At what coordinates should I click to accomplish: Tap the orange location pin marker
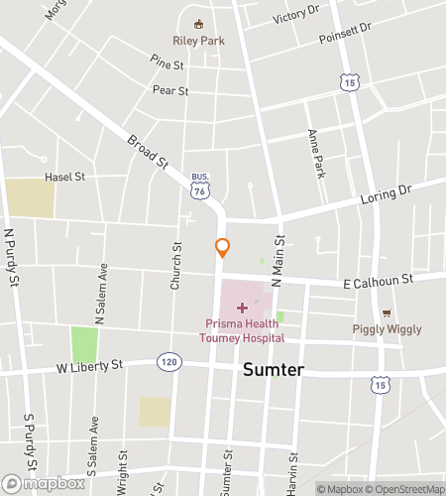tap(223, 248)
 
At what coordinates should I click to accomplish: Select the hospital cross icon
tap(243, 309)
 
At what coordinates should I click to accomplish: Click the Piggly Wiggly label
tap(387, 329)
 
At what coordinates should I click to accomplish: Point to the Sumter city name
tap(274, 370)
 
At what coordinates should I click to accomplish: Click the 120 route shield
tap(170, 364)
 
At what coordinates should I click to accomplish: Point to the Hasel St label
tap(65, 177)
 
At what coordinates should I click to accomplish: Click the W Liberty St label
tap(88, 366)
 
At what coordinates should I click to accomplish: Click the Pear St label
tap(170, 90)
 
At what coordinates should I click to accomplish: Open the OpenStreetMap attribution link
tap(406, 488)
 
